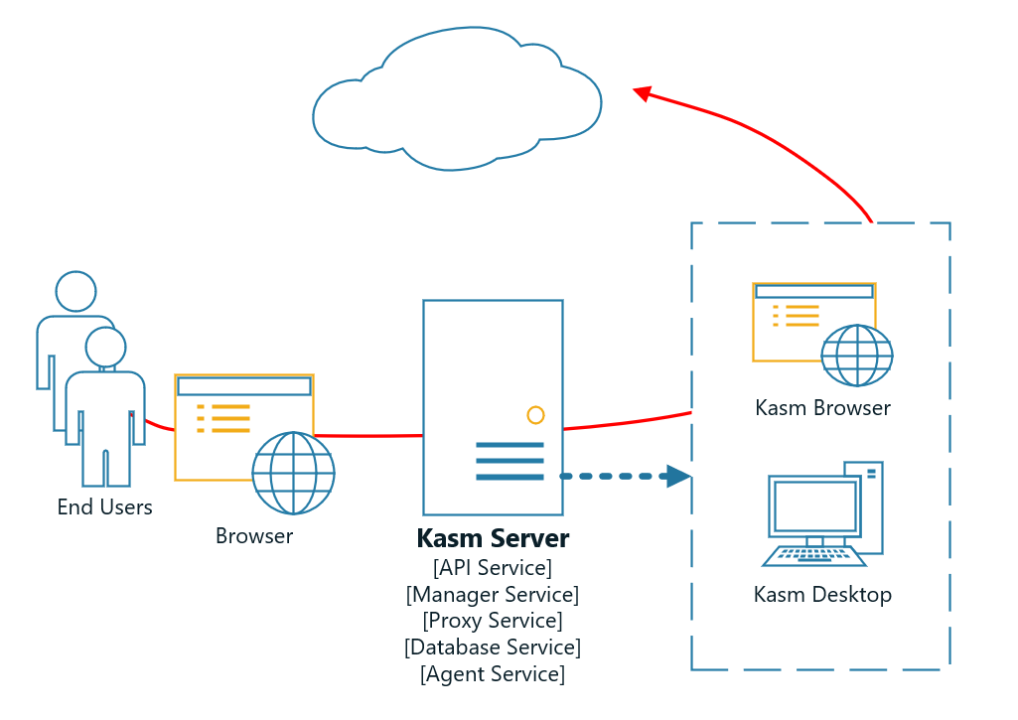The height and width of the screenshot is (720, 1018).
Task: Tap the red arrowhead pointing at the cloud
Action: point(643,92)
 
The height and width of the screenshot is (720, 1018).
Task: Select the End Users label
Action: point(104,507)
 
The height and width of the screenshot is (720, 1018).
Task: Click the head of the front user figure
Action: point(105,347)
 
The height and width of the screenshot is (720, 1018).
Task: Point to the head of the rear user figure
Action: point(75,291)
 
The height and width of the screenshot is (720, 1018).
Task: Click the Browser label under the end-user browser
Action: point(254,536)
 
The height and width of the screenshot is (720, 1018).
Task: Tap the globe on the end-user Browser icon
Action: point(293,473)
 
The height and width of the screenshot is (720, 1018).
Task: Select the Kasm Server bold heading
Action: point(493,539)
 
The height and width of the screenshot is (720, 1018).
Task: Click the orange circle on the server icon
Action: point(535,414)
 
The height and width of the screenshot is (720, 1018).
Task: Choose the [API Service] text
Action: point(493,568)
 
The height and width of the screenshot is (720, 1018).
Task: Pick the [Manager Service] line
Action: point(493,595)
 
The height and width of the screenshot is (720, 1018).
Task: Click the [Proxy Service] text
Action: point(493,621)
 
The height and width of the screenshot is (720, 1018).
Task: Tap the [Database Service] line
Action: point(493,648)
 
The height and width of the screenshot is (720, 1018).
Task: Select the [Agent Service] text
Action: point(493,674)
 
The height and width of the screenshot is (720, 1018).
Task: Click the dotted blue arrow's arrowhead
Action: point(678,477)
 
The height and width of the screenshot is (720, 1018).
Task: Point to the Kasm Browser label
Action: point(822,408)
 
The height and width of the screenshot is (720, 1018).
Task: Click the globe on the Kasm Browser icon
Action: point(856,355)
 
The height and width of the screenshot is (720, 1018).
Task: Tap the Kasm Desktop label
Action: point(822,595)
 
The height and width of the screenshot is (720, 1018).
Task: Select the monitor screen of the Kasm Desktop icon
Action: point(814,505)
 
